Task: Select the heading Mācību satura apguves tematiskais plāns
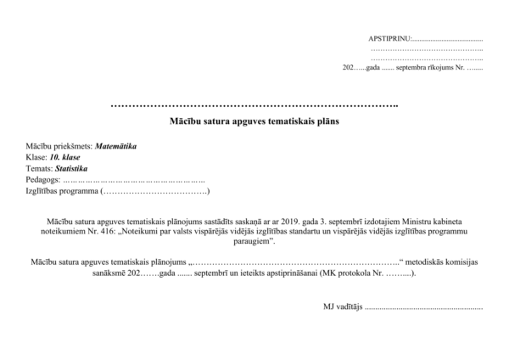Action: point(255,122)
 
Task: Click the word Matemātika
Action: point(116,147)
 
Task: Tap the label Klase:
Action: point(36,158)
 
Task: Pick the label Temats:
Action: point(39,169)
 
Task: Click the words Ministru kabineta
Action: point(429,220)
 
